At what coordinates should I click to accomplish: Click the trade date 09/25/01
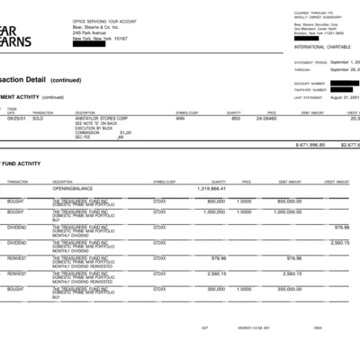15,118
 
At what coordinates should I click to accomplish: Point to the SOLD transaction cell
39,118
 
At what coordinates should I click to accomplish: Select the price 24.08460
265,118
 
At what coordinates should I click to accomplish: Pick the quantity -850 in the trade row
235,118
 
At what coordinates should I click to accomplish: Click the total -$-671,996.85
310,144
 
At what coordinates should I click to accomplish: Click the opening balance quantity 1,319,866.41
211,189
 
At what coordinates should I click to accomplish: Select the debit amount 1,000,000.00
293,211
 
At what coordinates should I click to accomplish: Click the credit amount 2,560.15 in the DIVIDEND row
340,242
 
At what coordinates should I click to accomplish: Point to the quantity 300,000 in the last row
216,289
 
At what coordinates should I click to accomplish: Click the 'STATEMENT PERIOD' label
310,62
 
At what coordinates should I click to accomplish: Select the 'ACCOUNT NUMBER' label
309,82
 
